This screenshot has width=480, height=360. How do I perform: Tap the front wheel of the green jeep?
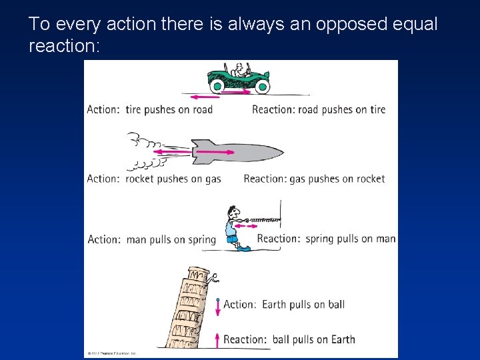(262, 86)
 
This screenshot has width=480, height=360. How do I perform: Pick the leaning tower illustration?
(190, 307)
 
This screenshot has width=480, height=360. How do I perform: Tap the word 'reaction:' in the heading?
(64, 46)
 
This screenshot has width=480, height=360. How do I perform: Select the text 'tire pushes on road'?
(169, 109)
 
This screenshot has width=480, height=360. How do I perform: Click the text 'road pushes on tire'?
(341, 109)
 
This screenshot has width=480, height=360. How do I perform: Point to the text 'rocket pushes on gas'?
(173, 179)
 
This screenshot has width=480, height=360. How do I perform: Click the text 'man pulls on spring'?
(171, 239)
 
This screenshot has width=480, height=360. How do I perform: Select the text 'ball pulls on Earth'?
(313, 339)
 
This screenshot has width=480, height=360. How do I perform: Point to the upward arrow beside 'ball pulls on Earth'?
(217, 340)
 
